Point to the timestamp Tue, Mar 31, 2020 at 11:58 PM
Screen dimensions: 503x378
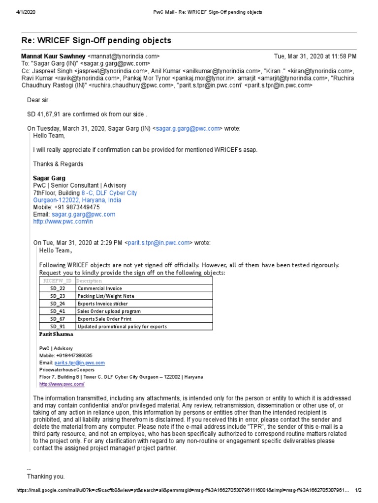(x=315, y=56)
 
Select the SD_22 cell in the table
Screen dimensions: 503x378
(x=58, y=288)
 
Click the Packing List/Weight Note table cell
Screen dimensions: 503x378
(x=106, y=296)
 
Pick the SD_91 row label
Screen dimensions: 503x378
(x=58, y=327)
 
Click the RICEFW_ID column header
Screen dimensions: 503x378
(x=58, y=280)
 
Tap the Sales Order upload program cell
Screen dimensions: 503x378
(x=109, y=311)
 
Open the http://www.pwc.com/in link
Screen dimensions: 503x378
(x=63, y=222)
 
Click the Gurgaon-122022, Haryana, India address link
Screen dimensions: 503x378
(x=77, y=200)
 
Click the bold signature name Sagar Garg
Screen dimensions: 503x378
(x=49, y=178)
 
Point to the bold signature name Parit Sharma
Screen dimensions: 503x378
(x=56, y=335)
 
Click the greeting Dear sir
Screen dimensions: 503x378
(x=38, y=101)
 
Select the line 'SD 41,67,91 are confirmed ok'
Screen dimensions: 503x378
(x=87, y=114)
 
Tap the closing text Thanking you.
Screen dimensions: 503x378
(x=46, y=476)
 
